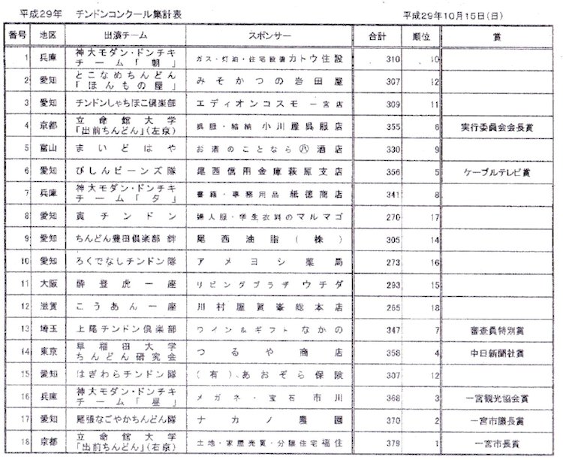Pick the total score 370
click(x=370, y=423)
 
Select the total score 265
click(x=370, y=307)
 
